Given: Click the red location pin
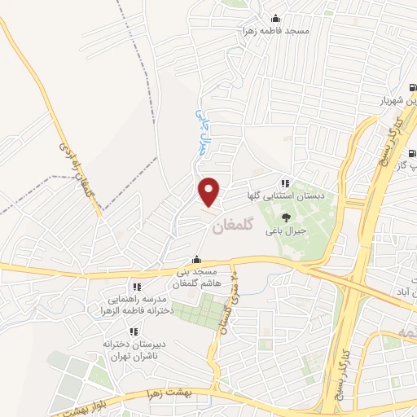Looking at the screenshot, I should (209, 191).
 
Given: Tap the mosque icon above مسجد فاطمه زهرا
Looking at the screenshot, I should (275, 19).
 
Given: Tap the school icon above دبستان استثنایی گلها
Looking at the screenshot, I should (284, 184).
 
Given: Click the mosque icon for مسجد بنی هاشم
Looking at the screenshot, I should (195, 261).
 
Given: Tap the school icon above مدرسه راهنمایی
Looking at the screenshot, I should (137, 287).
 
